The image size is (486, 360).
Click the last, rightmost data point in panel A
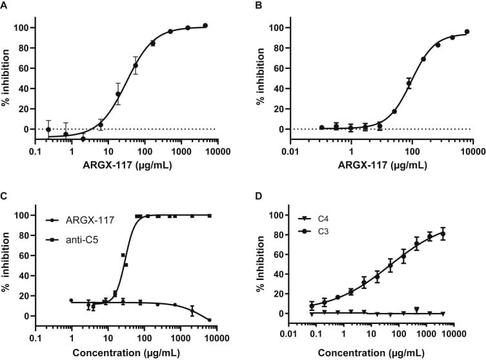pyautogui.click(x=205, y=26)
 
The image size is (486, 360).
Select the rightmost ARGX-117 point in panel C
pyautogui.click(x=210, y=320)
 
